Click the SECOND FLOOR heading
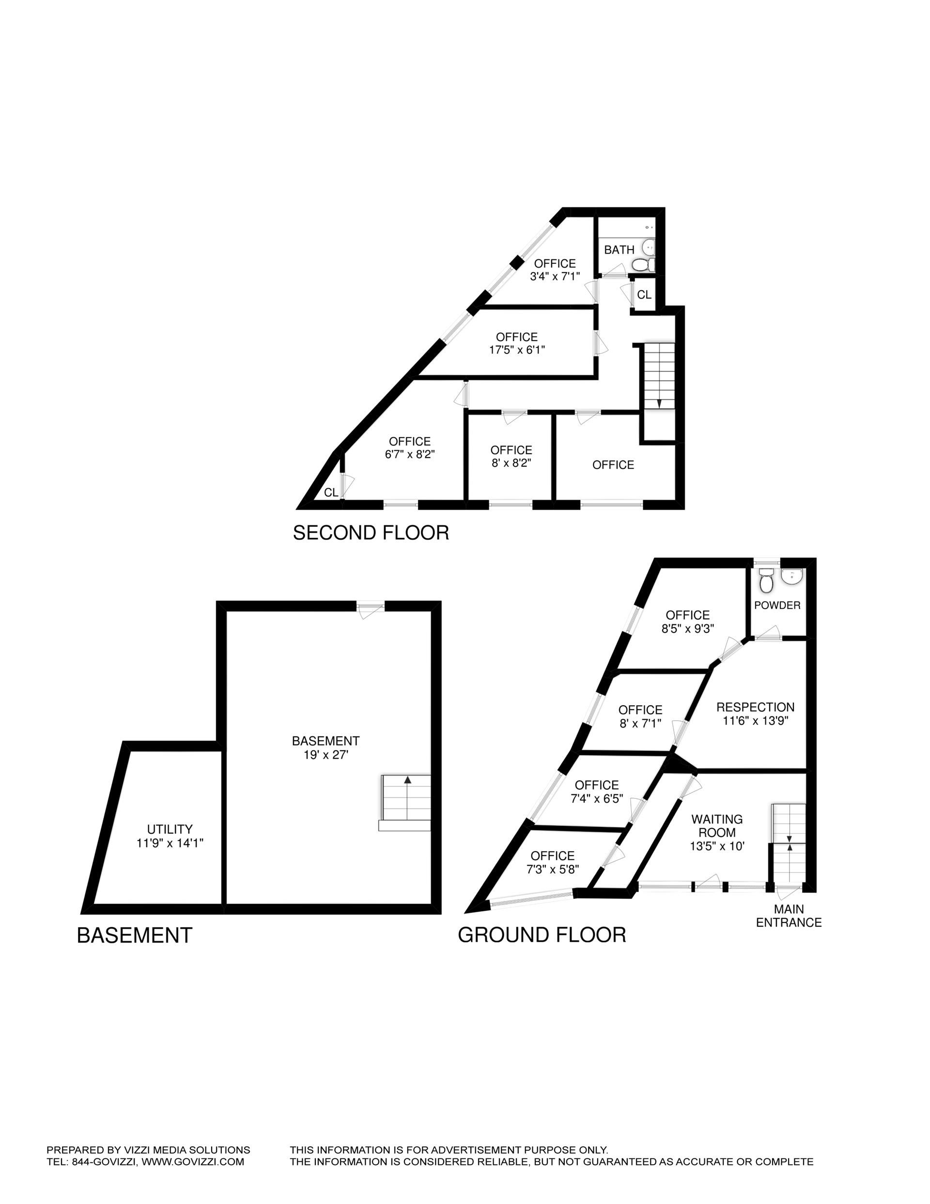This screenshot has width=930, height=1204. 371,533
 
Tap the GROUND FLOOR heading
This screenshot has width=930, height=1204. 542,935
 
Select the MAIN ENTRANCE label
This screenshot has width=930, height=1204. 789,916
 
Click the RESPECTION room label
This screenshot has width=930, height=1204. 755,707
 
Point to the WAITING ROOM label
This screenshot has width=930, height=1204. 717,826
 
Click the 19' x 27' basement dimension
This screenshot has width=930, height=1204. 325,755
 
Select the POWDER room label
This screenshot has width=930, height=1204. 777,605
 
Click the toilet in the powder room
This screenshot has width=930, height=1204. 765,581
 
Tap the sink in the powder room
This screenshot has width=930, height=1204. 792,577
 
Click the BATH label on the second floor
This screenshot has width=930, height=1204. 619,250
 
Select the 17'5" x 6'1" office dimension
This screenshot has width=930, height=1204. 517,350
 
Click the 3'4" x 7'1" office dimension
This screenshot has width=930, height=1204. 555,277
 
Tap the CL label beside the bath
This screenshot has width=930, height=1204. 644,295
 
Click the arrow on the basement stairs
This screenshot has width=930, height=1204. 407,780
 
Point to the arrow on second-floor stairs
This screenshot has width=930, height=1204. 660,403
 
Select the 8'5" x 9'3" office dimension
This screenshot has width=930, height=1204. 688,629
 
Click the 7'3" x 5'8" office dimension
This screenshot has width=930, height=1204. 553,870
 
